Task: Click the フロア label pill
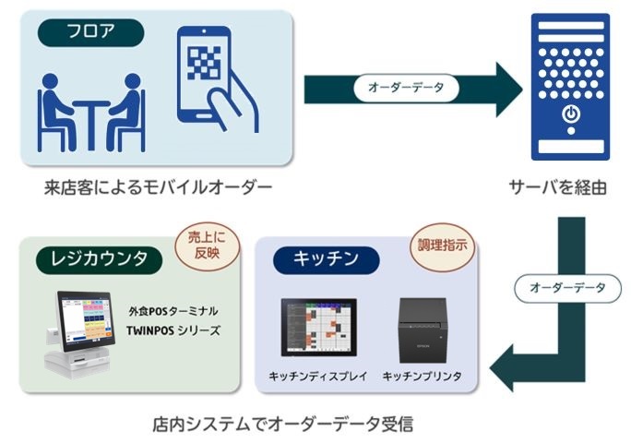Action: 90,33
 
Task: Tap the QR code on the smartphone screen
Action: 206,63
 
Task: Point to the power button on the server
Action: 571,115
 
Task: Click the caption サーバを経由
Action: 557,187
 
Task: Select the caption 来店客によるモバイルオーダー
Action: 158,187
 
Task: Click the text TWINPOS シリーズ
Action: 173,329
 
